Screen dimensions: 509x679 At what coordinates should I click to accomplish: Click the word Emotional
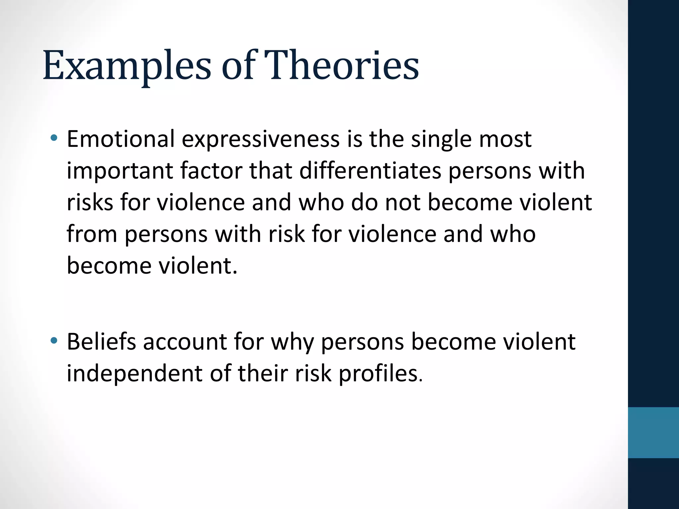point(121,139)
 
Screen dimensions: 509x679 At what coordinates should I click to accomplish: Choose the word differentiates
point(370,171)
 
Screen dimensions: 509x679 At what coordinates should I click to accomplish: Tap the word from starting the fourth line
point(92,234)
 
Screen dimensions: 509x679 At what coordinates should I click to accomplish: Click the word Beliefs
point(101,342)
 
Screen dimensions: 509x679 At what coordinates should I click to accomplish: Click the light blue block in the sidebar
point(653,432)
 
